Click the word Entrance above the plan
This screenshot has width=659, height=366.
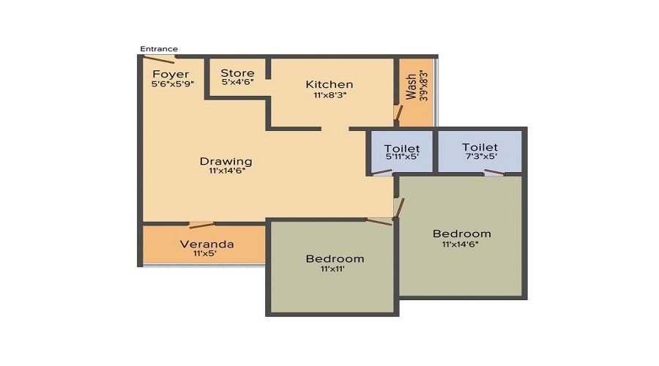(159, 49)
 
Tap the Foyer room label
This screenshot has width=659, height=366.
(171, 74)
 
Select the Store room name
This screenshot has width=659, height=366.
(237, 72)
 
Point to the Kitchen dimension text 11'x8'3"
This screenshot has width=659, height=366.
(329, 95)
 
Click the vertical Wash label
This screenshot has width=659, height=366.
(412, 87)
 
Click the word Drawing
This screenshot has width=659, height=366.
(226, 161)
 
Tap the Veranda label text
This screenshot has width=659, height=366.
(207, 244)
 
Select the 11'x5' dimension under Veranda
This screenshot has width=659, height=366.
(205, 254)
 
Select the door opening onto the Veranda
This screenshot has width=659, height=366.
(201, 224)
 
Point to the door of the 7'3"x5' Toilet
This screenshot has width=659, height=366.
(494, 173)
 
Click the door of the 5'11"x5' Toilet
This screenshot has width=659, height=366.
(381, 173)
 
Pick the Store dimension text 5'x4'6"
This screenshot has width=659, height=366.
(237, 83)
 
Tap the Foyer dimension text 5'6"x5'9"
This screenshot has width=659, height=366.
(171, 84)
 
